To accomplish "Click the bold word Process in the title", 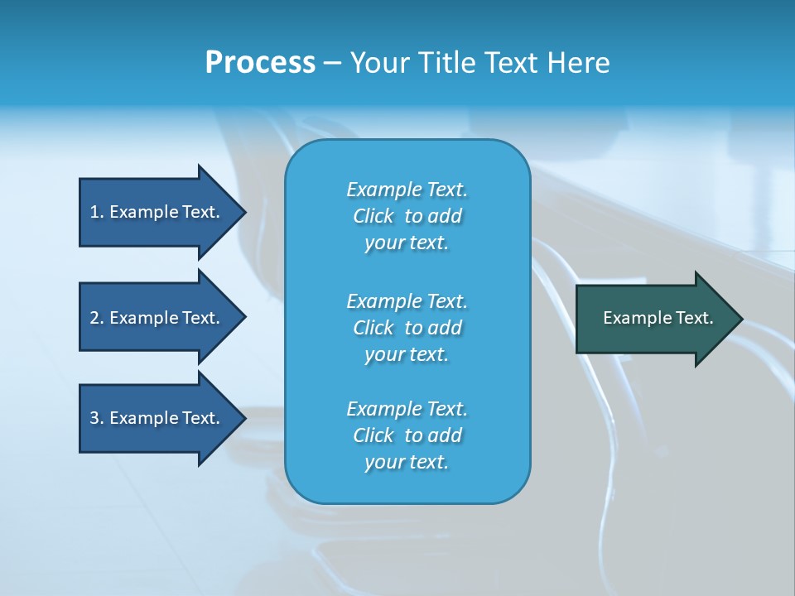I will pyautogui.click(x=260, y=63).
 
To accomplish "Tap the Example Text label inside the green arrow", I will pyautogui.click(x=658, y=318).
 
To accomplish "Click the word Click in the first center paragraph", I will pyautogui.click(x=373, y=216).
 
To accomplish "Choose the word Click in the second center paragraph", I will pyautogui.click(x=373, y=328).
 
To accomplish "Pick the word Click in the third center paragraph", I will pyautogui.click(x=373, y=435).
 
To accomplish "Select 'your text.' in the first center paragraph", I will pyautogui.click(x=407, y=243).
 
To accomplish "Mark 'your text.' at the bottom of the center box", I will pyautogui.click(x=407, y=463).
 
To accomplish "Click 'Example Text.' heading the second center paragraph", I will pyautogui.click(x=407, y=300).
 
